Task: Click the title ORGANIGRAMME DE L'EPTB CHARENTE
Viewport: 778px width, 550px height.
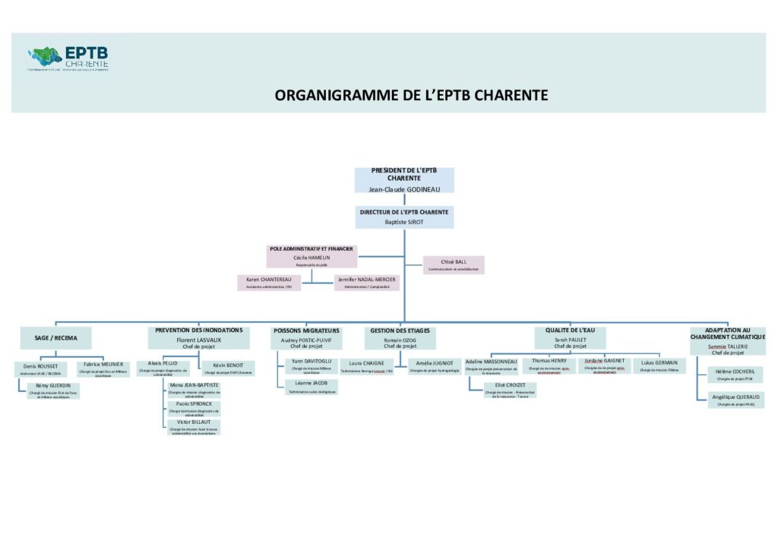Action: point(411,95)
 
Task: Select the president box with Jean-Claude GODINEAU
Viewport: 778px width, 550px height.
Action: point(404,180)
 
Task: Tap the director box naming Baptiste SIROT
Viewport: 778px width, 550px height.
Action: point(404,217)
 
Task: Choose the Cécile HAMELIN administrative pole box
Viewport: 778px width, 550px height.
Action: point(312,257)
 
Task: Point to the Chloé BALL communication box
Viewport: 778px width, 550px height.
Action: point(453,264)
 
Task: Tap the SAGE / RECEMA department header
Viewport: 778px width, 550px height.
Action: point(56,338)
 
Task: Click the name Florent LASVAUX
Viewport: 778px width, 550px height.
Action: point(198,340)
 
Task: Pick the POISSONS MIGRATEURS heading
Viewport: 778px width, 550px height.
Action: point(307,330)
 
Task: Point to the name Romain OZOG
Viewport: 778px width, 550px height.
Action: point(400,340)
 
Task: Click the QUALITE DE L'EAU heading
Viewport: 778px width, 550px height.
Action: point(570,330)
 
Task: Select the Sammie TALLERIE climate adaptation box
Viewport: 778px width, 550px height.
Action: point(728,342)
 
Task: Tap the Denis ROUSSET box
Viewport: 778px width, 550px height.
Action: point(41,368)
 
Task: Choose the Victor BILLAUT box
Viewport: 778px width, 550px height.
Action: point(193,426)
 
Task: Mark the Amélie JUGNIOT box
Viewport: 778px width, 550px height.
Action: point(435,366)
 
